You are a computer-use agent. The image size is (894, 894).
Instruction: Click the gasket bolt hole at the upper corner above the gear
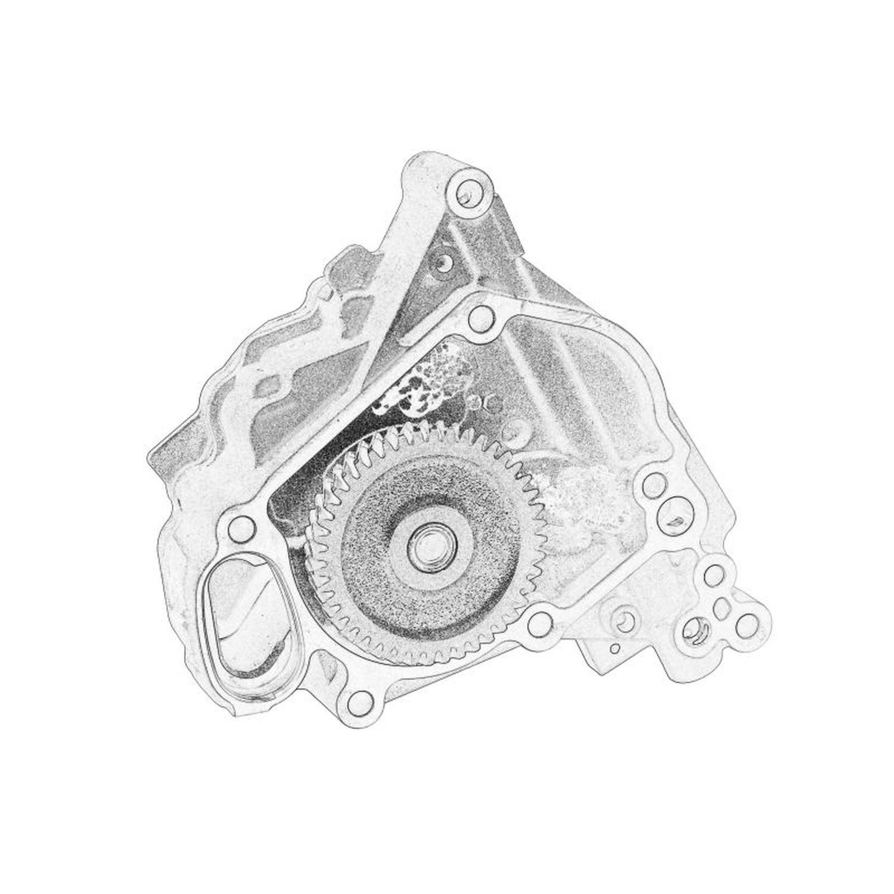click(x=479, y=319)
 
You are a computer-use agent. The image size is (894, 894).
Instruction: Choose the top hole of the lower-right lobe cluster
click(x=713, y=576)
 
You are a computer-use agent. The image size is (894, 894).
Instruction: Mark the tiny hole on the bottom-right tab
click(x=614, y=647)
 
